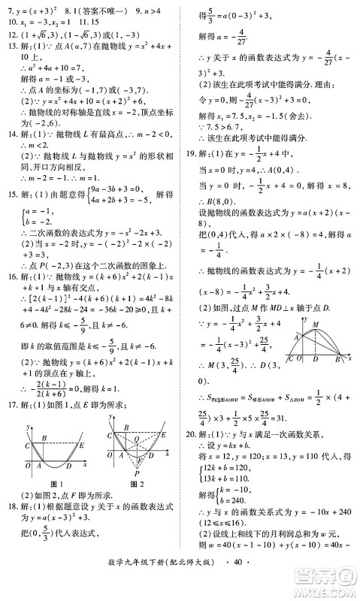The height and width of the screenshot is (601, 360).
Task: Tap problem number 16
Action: pyautogui.click(x=11, y=276)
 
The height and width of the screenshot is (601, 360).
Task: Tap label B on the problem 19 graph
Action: pyautogui.click(x=337, y=359)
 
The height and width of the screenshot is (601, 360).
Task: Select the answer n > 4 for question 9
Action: pyautogui.click(x=144, y=11)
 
